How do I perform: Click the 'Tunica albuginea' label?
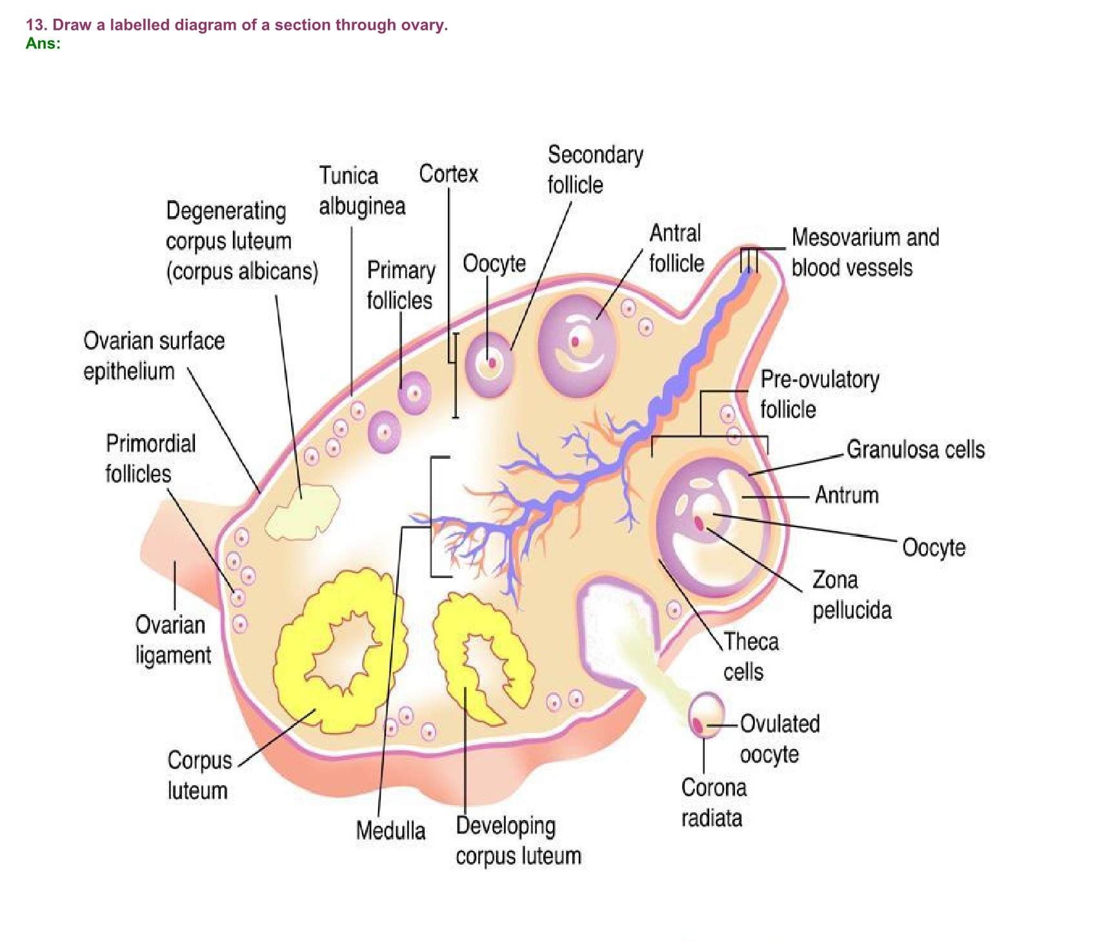(361, 191)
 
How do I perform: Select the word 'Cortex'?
(448, 174)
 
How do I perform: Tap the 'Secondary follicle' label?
(595, 170)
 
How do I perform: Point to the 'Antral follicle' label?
(676, 248)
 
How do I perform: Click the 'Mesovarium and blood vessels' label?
(865, 252)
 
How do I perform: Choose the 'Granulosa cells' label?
(916, 449)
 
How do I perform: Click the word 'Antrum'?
(847, 495)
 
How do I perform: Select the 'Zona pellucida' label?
(852, 595)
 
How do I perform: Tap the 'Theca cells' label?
(750, 657)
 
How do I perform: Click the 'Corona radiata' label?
(713, 803)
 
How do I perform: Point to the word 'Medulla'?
(390, 830)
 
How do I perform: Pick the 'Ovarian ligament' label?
(173, 640)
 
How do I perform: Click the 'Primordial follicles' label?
(150, 458)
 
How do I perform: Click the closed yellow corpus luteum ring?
(341, 652)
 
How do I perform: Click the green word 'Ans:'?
(43, 43)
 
